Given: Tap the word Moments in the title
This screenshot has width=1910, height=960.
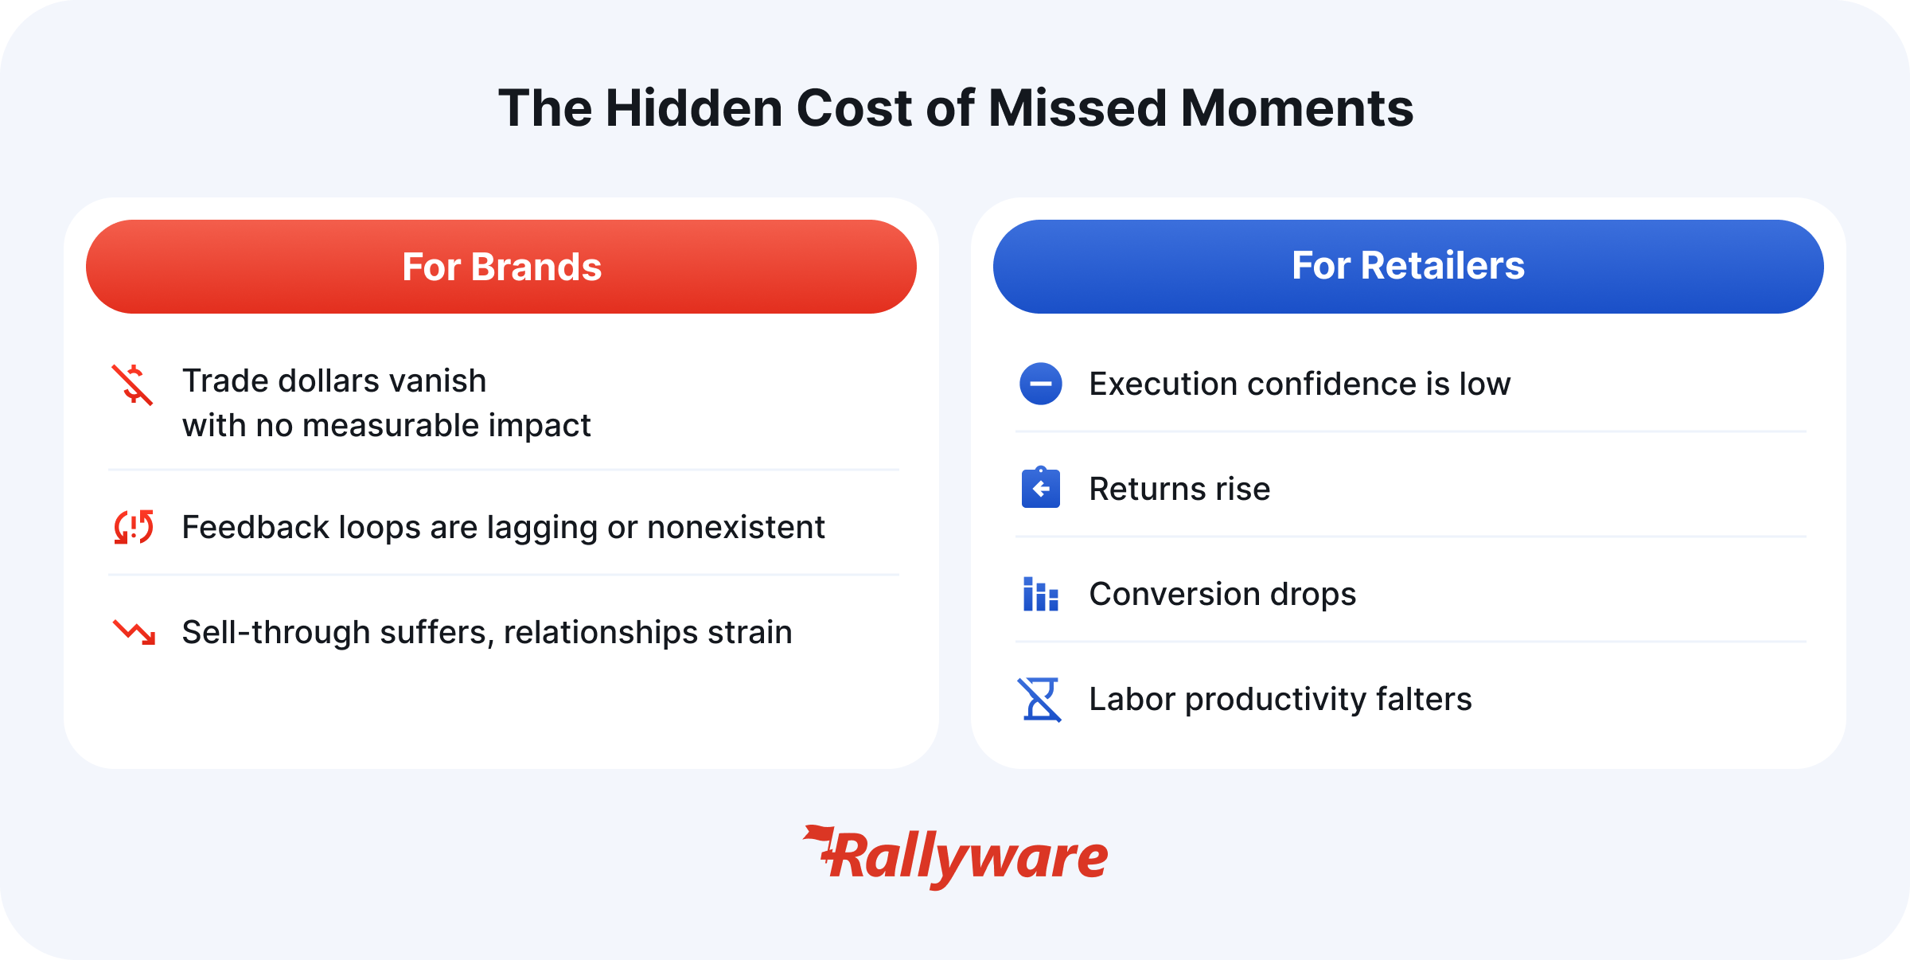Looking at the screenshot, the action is (1296, 107).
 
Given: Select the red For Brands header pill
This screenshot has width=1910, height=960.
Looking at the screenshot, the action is (501, 267).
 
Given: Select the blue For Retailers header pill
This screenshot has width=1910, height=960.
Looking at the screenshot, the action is (1409, 267).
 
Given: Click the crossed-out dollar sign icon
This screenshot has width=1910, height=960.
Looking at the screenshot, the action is (132, 384).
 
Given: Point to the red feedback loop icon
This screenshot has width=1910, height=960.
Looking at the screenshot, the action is (133, 527).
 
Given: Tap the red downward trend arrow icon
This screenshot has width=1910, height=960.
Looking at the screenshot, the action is (134, 632).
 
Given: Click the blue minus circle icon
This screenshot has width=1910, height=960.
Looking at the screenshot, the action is (1041, 384).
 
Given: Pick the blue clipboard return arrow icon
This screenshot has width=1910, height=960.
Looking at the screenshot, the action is (1041, 488).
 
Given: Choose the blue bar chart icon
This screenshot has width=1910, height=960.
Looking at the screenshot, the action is (1041, 594).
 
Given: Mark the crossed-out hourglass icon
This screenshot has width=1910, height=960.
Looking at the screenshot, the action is (1040, 699).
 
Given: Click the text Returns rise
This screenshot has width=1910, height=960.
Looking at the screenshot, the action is (1179, 489).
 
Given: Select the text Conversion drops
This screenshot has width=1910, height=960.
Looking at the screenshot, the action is (1222, 594).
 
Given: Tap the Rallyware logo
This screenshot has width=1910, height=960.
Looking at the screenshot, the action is (955, 857).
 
